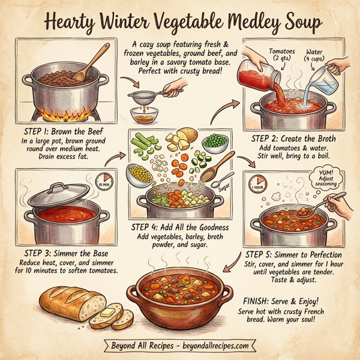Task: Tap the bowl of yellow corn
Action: (x=139, y=175)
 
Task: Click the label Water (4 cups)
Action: (x=317, y=56)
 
